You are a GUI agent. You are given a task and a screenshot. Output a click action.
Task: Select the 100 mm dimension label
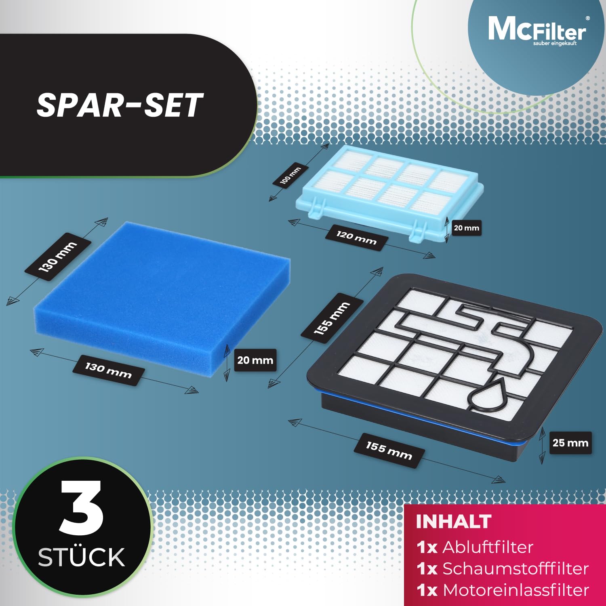[x=290, y=175]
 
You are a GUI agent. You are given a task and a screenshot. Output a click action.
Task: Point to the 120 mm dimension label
[x=356, y=238]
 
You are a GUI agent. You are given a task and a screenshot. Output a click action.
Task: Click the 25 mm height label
[x=570, y=443]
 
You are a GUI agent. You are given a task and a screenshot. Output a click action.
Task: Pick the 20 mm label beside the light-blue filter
[x=466, y=228]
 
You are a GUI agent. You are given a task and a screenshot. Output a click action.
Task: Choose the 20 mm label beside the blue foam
[x=255, y=360]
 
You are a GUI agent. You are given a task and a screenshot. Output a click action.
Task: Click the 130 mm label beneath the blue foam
[x=108, y=370]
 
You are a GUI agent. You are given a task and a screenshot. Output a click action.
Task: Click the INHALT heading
[x=453, y=522]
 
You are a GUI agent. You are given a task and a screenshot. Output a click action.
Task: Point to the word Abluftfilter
[x=488, y=547]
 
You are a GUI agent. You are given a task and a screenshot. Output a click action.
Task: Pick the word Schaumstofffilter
[x=515, y=568]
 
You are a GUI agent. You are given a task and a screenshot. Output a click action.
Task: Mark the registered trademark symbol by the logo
[x=587, y=18]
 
